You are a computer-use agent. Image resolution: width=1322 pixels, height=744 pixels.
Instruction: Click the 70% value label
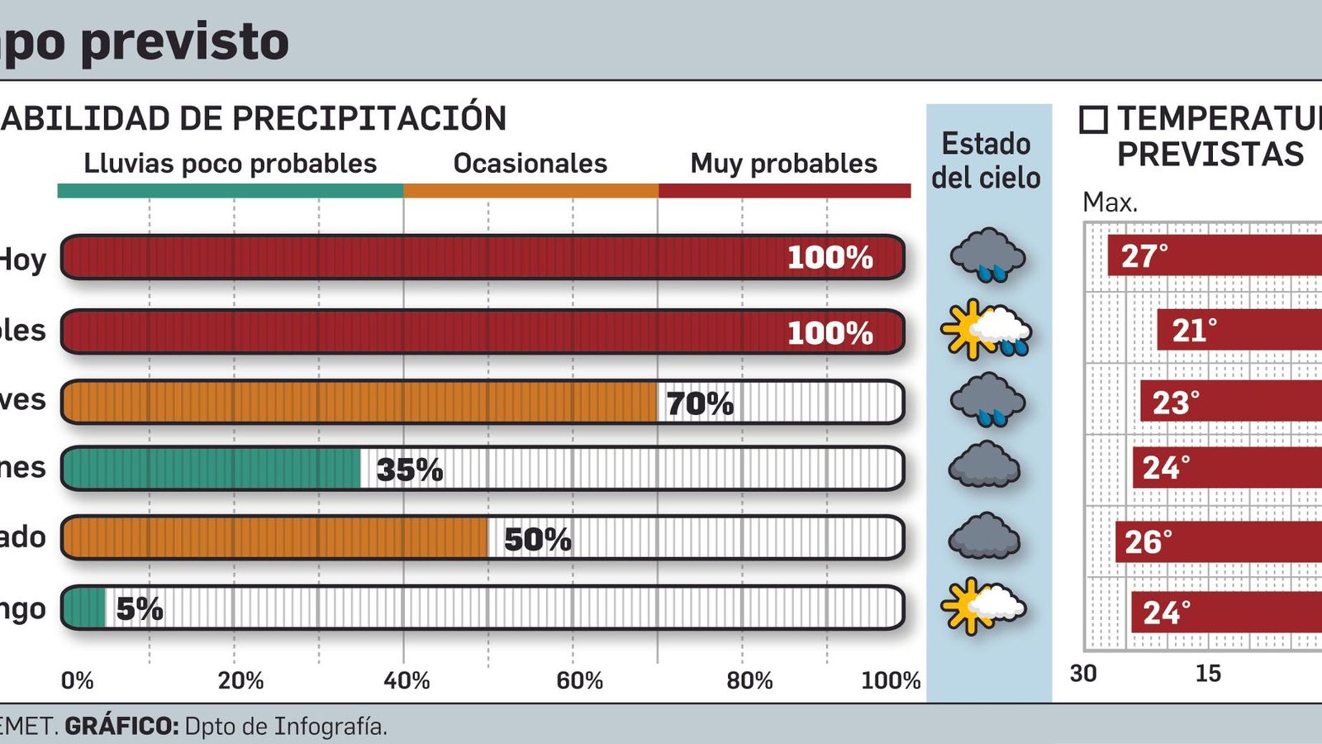pyautogui.click(x=700, y=403)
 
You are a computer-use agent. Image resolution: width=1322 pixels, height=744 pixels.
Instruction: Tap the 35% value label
pyautogui.click(x=410, y=470)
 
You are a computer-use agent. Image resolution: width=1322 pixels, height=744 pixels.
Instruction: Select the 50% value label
pyautogui.click(x=537, y=540)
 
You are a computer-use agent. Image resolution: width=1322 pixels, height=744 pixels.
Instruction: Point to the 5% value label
pyautogui.click(x=139, y=609)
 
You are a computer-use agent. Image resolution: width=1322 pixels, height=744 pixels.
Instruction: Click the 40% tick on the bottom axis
pyautogui.click(x=407, y=680)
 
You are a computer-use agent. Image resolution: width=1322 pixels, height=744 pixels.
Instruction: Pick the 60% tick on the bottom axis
pyautogui.click(x=579, y=680)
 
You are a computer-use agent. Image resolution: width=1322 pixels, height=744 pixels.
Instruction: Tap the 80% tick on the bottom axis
pyautogui.click(x=749, y=680)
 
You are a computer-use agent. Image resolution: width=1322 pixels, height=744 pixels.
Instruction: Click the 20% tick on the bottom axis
pyautogui.click(x=240, y=680)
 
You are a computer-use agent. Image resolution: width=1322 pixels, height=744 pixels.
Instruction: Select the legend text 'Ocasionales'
pyautogui.click(x=530, y=164)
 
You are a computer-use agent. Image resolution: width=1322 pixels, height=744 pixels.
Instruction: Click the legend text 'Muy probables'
pyautogui.click(x=783, y=164)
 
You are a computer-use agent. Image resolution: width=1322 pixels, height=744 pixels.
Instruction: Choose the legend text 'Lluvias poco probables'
pyautogui.click(x=231, y=164)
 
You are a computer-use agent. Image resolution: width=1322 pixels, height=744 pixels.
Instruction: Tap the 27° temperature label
pyautogui.click(x=1144, y=256)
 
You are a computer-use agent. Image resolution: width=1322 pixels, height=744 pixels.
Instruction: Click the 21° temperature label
pyautogui.click(x=1194, y=331)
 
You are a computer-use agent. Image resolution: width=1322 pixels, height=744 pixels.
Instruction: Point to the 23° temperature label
pyautogui.click(x=1176, y=403)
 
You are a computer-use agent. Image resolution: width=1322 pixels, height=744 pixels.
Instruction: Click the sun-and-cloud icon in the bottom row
pyautogui.click(x=983, y=607)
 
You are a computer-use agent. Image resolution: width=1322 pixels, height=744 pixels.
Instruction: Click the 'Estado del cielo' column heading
pyautogui.click(x=986, y=160)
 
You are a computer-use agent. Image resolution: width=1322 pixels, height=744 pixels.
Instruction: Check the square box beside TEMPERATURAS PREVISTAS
pyautogui.click(x=1093, y=121)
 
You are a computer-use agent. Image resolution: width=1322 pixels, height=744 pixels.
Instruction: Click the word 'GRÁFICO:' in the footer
pyautogui.click(x=121, y=727)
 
